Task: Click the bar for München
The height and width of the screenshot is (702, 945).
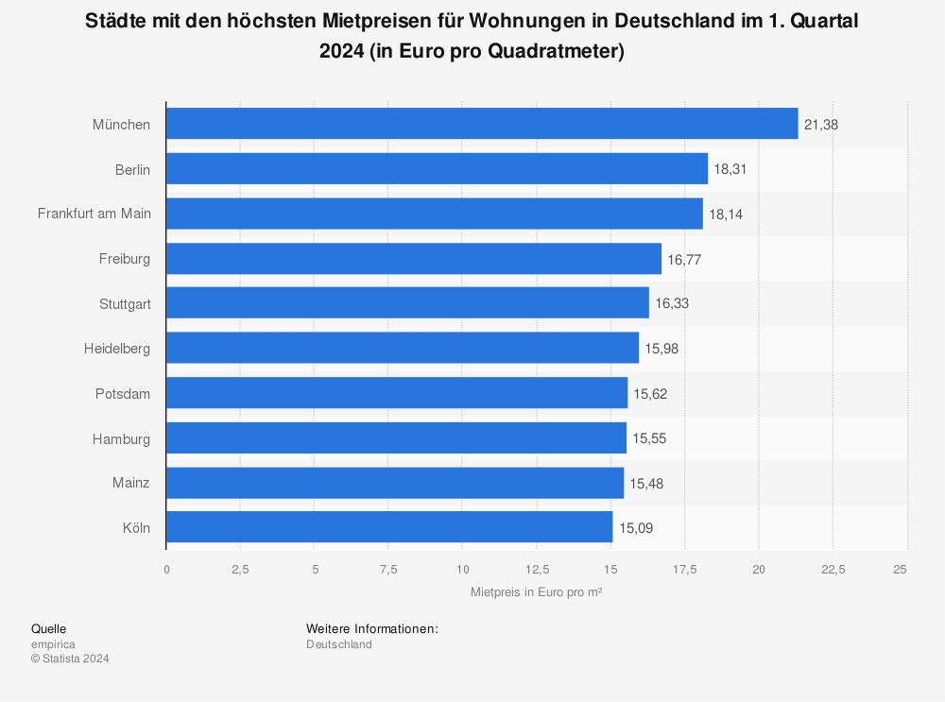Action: pyautogui.click(x=482, y=124)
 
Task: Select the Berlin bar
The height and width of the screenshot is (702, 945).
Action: pyautogui.click(x=437, y=169)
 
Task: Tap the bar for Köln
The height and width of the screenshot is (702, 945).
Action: pyautogui.click(x=389, y=527)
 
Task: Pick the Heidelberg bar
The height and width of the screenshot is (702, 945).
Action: pyautogui.click(x=403, y=349)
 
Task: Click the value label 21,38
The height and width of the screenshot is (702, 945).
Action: pyautogui.click(x=821, y=125)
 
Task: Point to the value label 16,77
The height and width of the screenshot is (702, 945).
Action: pyautogui.click(x=684, y=259)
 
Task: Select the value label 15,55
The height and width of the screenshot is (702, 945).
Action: pyautogui.click(x=649, y=438)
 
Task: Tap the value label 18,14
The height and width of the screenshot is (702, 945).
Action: pyautogui.click(x=726, y=214)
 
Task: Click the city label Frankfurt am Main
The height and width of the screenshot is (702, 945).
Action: pyautogui.click(x=94, y=214)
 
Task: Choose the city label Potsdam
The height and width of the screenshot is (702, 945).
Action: pyautogui.click(x=123, y=393)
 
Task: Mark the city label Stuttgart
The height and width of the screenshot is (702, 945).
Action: pyautogui.click(x=125, y=303)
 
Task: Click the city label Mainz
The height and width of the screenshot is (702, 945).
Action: pyautogui.click(x=132, y=483)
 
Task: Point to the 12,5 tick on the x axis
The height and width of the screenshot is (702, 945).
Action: pyautogui.click(x=536, y=569)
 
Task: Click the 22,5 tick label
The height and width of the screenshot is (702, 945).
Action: pyautogui.click(x=833, y=569)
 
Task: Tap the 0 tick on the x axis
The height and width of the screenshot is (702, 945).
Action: pyautogui.click(x=166, y=569)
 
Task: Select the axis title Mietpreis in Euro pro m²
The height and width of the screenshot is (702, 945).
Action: pyautogui.click(x=537, y=591)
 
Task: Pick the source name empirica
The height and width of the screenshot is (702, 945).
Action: pyautogui.click(x=53, y=644)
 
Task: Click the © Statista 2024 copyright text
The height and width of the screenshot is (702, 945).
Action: pyautogui.click(x=70, y=659)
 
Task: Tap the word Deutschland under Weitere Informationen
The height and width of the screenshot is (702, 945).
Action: pyautogui.click(x=339, y=644)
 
